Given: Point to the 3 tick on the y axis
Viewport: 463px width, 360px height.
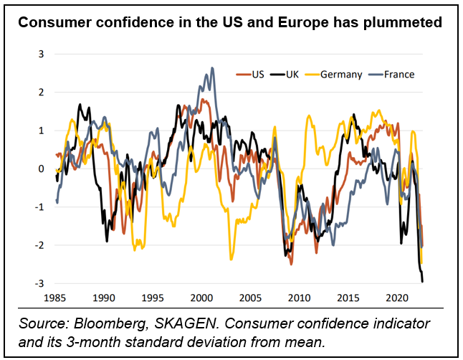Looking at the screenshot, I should pos(41,54).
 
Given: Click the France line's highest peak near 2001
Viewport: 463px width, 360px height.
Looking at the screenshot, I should pos(212,68).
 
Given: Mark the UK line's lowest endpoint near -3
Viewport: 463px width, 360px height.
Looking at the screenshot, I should pos(422,280).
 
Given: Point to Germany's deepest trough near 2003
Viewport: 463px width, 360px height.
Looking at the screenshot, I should pos(231,259).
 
